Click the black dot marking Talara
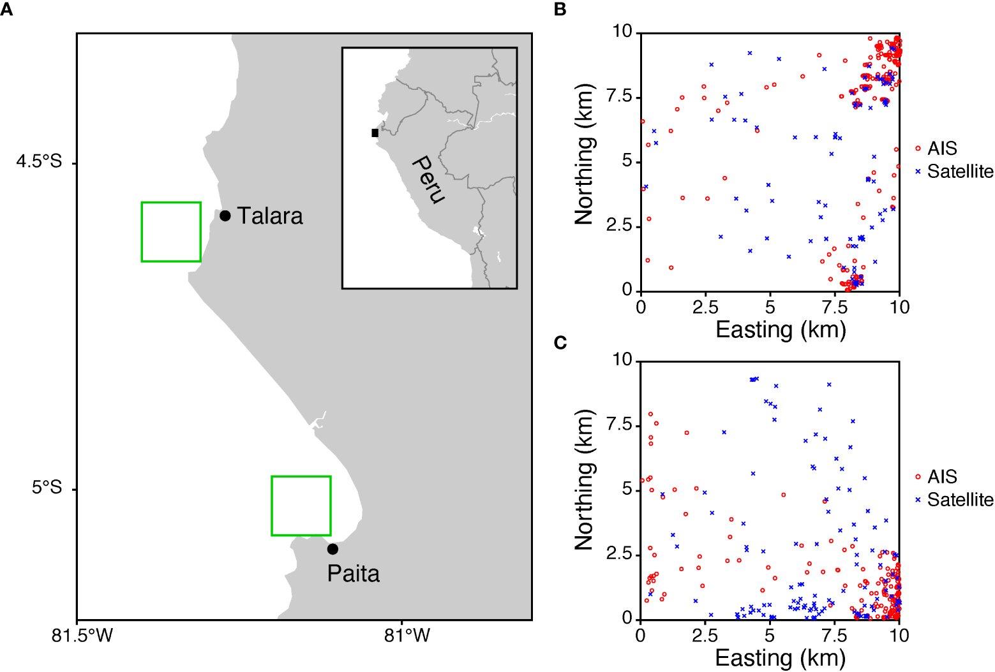point(225,215)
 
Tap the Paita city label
point(353,574)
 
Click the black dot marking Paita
point(333,549)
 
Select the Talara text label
point(270,216)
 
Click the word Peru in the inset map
point(427,179)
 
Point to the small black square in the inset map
point(375,133)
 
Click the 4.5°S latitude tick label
point(39,161)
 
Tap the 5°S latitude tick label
point(47,488)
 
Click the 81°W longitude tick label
point(407,635)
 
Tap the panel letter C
point(560,343)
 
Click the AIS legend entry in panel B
point(941,149)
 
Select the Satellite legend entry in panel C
point(959,500)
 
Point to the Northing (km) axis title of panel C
point(584,479)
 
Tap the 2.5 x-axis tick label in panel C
point(705,636)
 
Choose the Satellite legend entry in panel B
point(959,172)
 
